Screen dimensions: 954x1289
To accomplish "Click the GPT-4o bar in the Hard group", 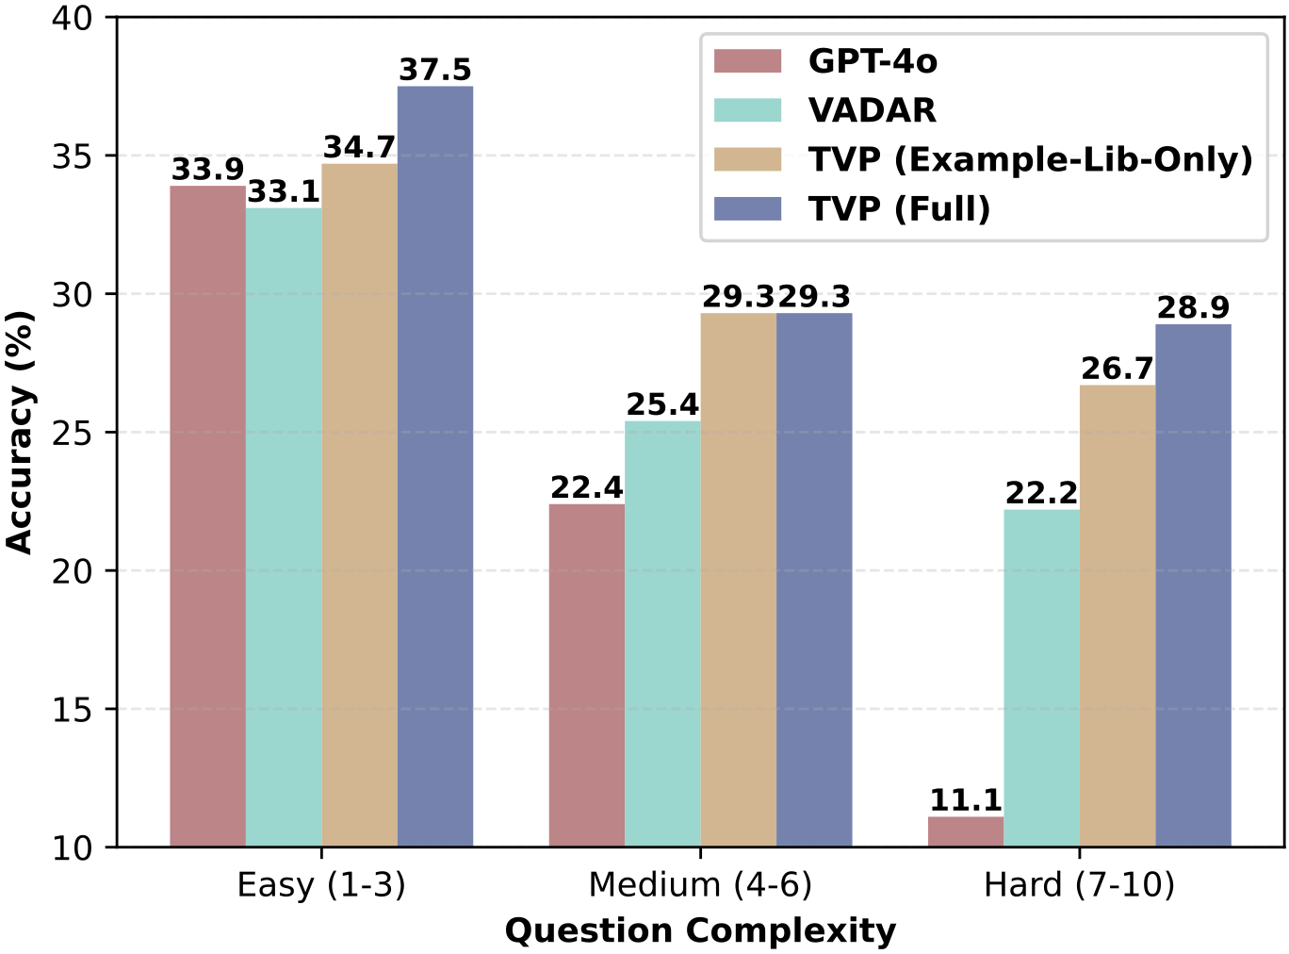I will click(965, 831).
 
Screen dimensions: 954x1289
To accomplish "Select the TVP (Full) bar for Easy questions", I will click(434, 467).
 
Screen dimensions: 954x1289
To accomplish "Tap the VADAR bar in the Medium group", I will click(662, 633).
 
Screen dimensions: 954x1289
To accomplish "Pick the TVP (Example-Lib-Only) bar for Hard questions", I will click(1117, 616).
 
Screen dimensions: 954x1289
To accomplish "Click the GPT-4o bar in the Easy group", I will click(207, 516).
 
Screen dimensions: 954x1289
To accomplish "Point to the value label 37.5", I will click(434, 70).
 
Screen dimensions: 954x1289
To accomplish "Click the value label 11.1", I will click(965, 800).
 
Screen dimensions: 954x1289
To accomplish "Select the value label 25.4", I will click(662, 404).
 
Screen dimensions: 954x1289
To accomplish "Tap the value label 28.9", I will click(1193, 308).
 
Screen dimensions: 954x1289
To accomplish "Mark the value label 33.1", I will click(284, 192).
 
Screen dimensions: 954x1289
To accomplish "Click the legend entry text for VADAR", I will click(872, 110).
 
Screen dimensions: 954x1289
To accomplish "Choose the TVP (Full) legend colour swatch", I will click(747, 208).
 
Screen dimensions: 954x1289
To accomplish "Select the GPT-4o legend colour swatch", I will click(747, 61).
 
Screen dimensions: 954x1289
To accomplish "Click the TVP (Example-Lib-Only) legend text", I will click(1030, 159).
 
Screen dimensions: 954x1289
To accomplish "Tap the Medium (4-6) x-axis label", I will click(700, 885).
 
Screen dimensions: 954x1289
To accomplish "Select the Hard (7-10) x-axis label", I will click(1079, 885).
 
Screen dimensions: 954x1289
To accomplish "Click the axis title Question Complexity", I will click(700, 931).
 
